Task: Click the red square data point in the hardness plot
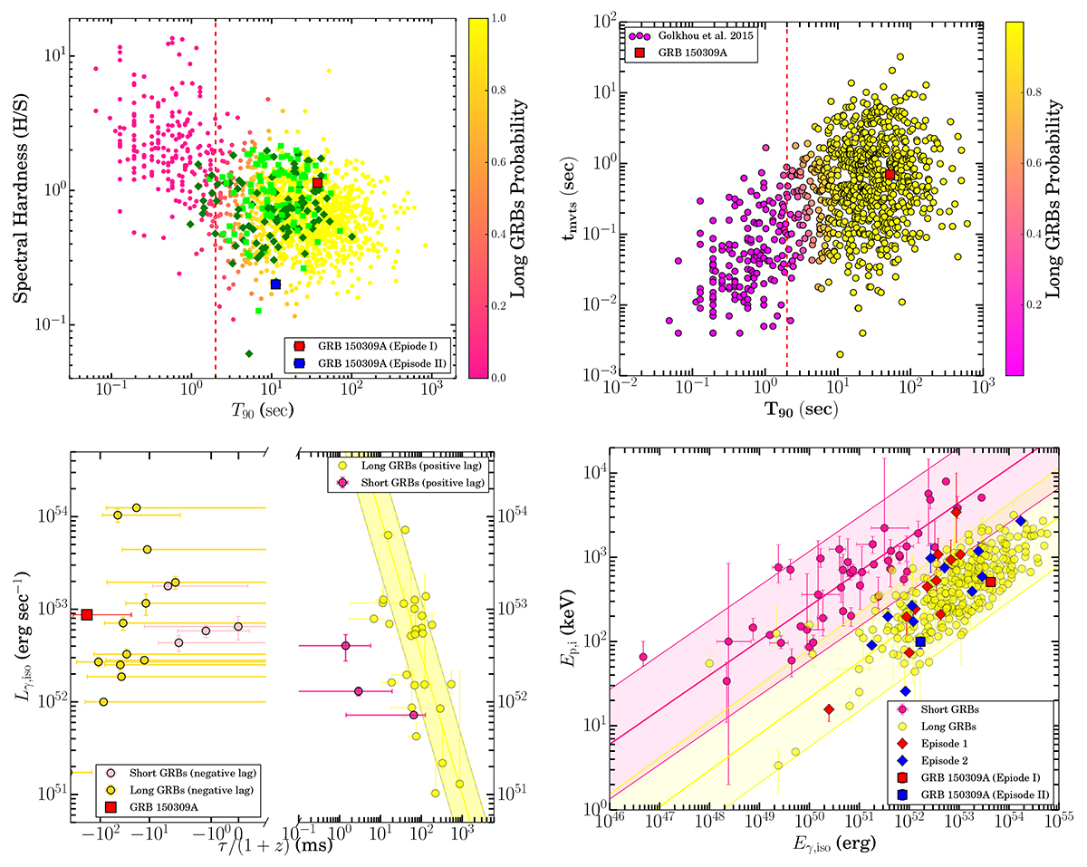(317, 183)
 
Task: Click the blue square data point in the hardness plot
(275, 284)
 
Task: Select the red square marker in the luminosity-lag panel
(87, 614)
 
